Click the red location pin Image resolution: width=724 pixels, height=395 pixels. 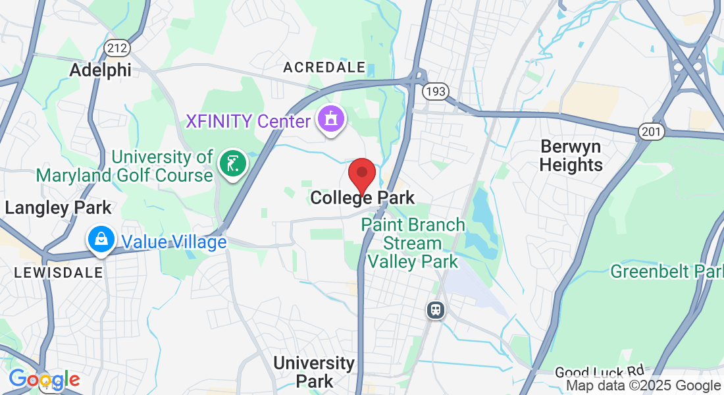tap(361, 174)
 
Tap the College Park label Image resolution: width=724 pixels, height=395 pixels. tap(363, 197)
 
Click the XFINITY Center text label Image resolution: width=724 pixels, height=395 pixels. tap(247, 122)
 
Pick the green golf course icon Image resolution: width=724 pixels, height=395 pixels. tap(232, 163)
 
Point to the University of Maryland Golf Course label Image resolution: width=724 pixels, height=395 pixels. tap(125, 166)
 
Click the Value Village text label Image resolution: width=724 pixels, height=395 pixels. tap(172, 242)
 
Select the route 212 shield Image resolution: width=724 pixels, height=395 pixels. tap(116, 47)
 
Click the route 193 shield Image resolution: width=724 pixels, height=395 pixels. tap(435, 91)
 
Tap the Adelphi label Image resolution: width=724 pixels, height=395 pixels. tap(100, 70)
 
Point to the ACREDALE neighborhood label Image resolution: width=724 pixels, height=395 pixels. tap(324, 67)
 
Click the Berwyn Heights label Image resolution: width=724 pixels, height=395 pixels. tap(571, 155)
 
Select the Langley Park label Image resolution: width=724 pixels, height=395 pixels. tap(58, 208)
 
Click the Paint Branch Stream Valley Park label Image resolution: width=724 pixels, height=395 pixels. tap(413, 243)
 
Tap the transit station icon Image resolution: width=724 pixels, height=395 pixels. tap(435, 309)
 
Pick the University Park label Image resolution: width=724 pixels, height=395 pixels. tap(314, 371)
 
